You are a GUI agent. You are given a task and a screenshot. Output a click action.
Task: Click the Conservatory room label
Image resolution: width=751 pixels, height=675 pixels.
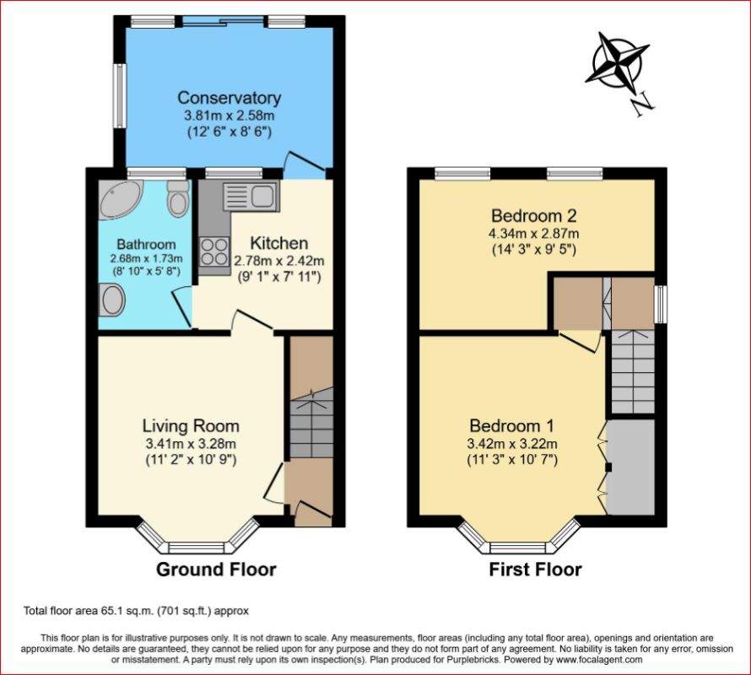[x=229, y=99]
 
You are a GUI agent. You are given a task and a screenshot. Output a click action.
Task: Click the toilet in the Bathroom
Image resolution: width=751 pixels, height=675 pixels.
[x=178, y=199]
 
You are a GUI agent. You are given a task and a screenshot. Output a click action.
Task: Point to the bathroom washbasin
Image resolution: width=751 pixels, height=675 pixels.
[x=112, y=298]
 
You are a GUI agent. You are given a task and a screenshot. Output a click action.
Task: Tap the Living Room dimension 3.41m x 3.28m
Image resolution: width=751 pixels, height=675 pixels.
[x=190, y=444]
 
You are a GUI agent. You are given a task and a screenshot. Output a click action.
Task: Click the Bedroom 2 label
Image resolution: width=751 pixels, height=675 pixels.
[x=535, y=215]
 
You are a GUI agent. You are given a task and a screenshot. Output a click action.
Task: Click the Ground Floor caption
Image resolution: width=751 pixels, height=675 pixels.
[x=216, y=570]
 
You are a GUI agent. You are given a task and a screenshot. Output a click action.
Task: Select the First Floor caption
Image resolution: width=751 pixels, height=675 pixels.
[x=535, y=570]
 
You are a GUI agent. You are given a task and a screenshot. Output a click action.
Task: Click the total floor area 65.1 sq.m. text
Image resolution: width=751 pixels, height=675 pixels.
[x=136, y=610]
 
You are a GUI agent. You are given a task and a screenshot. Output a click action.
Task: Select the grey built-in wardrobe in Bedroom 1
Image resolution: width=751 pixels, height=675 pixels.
[x=630, y=467]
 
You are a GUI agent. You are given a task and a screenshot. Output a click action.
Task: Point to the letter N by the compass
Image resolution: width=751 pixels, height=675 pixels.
[x=643, y=103]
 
